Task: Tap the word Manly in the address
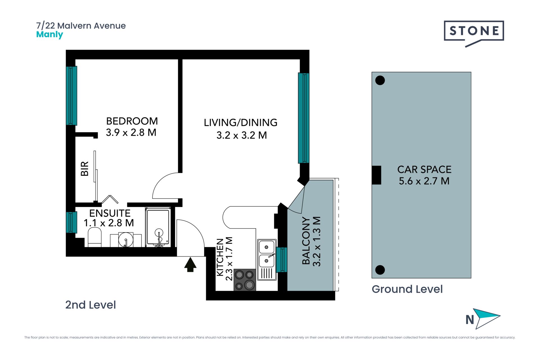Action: pos(49,35)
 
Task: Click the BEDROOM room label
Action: pos(132,121)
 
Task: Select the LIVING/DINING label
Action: pos(240,123)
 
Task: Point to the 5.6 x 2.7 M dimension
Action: pos(424,181)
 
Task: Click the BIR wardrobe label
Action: pos(85,169)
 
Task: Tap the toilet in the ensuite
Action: pos(95,237)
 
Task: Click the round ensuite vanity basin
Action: pos(126,240)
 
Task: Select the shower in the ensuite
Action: pos(158,227)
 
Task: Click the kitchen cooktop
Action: pos(245,280)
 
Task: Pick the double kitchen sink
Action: pos(267,260)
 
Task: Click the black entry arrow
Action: pos(190,265)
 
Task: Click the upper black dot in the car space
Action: pos(380,80)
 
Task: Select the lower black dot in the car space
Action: pos(380,270)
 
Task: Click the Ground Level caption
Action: pos(407,289)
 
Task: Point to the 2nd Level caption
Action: pos(90,305)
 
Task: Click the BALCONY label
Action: pos(306,241)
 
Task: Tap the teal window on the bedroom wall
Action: pos(71,96)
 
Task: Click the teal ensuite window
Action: pos(71,222)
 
